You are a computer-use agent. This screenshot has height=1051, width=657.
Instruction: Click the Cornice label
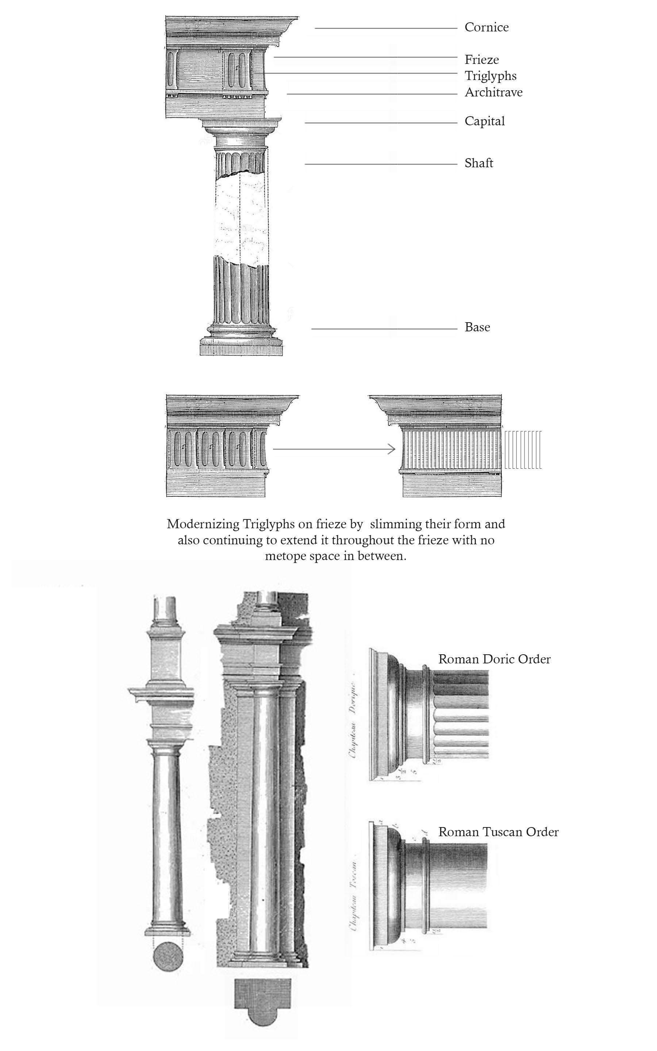point(486,27)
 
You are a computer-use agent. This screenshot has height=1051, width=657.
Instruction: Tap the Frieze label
point(481,60)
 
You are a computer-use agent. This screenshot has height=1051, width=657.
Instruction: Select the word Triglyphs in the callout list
point(491,76)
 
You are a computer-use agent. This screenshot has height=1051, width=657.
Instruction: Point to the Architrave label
point(493,92)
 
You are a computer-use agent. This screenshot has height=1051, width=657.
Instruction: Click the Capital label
point(484,121)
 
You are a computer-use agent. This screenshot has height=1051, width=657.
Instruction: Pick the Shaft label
point(479,163)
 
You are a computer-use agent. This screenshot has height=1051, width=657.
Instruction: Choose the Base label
point(477,327)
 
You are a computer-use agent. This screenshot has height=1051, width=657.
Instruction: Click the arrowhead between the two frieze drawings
point(392,449)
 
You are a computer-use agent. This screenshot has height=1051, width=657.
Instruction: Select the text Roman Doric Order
point(494,659)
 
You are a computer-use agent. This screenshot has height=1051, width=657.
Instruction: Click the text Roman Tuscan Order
point(498,832)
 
